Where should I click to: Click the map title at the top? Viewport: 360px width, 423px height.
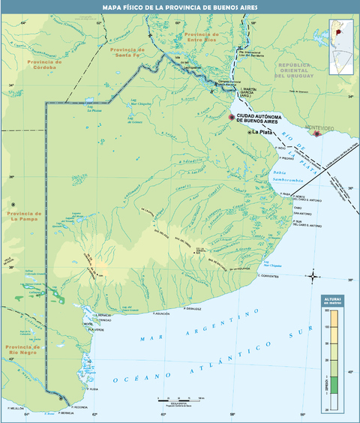[x=180, y=7]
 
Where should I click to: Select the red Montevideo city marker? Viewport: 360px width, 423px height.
[x=317, y=133]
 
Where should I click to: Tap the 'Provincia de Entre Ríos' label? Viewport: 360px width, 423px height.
[x=200, y=37]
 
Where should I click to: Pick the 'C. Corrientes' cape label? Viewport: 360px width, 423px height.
[x=268, y=276]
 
